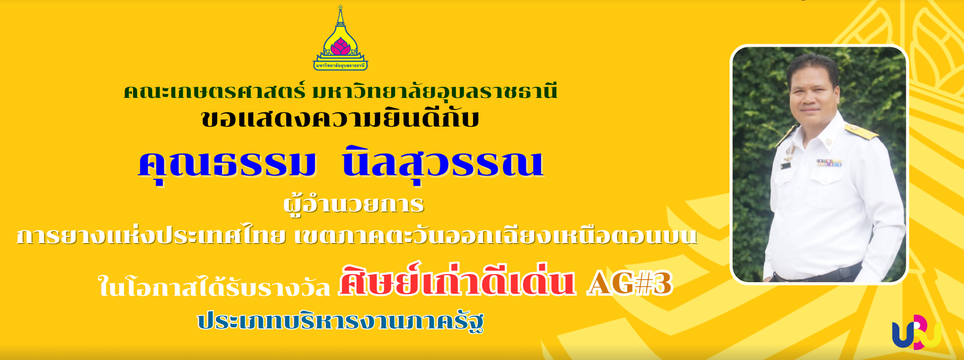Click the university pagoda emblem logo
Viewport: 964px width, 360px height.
pyautogui.click(x=340, y=38)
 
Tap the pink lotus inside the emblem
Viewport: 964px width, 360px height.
pyautogui.click(x=340, y=46)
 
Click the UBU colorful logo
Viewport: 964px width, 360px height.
pyautogui.click(x=916, y=332)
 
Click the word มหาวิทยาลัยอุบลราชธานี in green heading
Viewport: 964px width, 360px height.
pyautogui.click(x=435, y=91)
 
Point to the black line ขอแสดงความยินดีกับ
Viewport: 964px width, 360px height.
pyautogui.click(x=340, y=119)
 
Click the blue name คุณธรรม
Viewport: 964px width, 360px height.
pyautogui.click(x=227, y=164)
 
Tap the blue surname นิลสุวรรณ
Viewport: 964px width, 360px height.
pyautogui.click(x=443, y=164)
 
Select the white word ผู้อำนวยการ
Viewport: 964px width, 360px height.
pyautogui.click(x=354, y=205)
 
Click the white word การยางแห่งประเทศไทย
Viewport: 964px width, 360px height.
pyautogui.click(x=151, y=235)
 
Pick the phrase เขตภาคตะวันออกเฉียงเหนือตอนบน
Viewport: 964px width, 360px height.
pyautogui.click(x=496, y=235)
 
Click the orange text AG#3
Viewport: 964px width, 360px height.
pyautogui.click(x=630, y=284)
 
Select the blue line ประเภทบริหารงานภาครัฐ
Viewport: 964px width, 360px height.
pyautogui.click(x=340, y=321)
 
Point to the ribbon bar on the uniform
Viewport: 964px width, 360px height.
pyautogui.click(x=830, y=163)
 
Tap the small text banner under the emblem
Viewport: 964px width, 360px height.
pyautogui.click(x=340, y=65)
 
